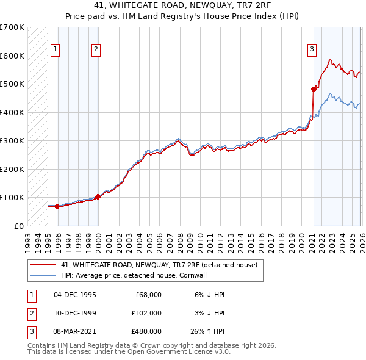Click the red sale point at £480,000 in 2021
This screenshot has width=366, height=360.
pyautogui.click(x=314, y=89)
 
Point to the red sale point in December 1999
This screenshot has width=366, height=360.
pyautogui.click(x=98, y=196)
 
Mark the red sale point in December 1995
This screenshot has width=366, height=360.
pyautogui.click(x=57, y=206)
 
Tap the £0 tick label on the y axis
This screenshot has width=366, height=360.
pyautogui.click(x=18, y=226)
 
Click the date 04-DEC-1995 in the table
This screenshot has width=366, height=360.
pyautogui.click(x=74, y=294)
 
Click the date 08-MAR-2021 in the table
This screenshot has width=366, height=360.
pyautogui.click(x=74, y=331)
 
